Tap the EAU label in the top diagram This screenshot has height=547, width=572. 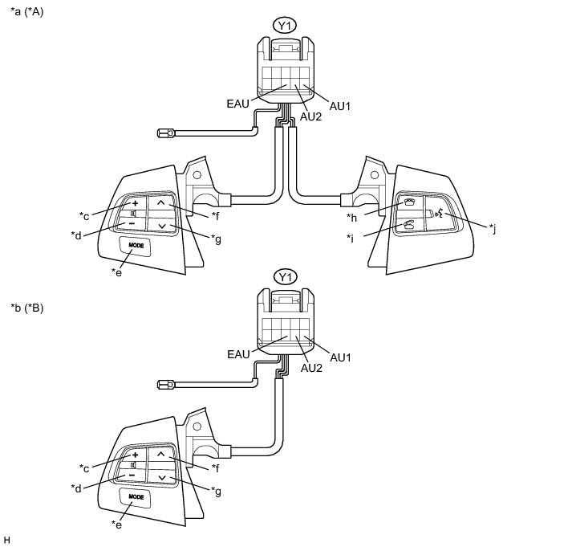pos(239,103)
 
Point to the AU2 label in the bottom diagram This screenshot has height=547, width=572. pos(312,368)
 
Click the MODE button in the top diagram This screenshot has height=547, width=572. pos(136,244)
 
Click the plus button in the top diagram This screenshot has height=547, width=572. pos(136,202)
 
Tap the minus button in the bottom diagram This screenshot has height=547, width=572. pos(131,476)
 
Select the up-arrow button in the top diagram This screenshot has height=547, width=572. pos(160,204)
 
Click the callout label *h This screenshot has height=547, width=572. pos(351,218)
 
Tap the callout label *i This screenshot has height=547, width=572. pos(352,237)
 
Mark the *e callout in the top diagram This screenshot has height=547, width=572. pos(116,271)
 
